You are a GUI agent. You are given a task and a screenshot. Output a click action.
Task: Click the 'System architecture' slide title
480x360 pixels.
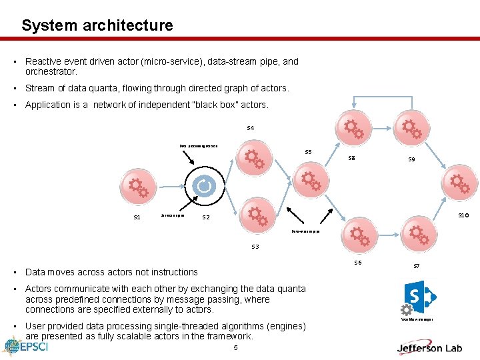(97, 25)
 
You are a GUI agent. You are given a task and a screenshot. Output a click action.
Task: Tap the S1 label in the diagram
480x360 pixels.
(137, 217)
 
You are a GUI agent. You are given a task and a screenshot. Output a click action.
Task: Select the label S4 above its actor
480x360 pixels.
(250, 127)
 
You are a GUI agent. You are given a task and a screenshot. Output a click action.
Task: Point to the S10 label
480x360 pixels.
(461, 215)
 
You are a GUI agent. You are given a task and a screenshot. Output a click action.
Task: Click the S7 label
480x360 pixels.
(417, 266)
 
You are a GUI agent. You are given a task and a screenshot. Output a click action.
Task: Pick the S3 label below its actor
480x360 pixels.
(255, 247)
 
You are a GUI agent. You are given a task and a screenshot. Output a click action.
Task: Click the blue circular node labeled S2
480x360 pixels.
(204, 185)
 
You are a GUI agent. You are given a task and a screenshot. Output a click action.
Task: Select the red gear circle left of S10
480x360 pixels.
(460, 182)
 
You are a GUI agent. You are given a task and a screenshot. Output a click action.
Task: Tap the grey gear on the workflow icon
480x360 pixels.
(406, 309)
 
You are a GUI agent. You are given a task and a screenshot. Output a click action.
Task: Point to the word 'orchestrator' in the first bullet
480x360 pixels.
(51, 71)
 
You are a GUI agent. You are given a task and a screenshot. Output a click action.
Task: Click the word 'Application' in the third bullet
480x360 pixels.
(47, 105)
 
